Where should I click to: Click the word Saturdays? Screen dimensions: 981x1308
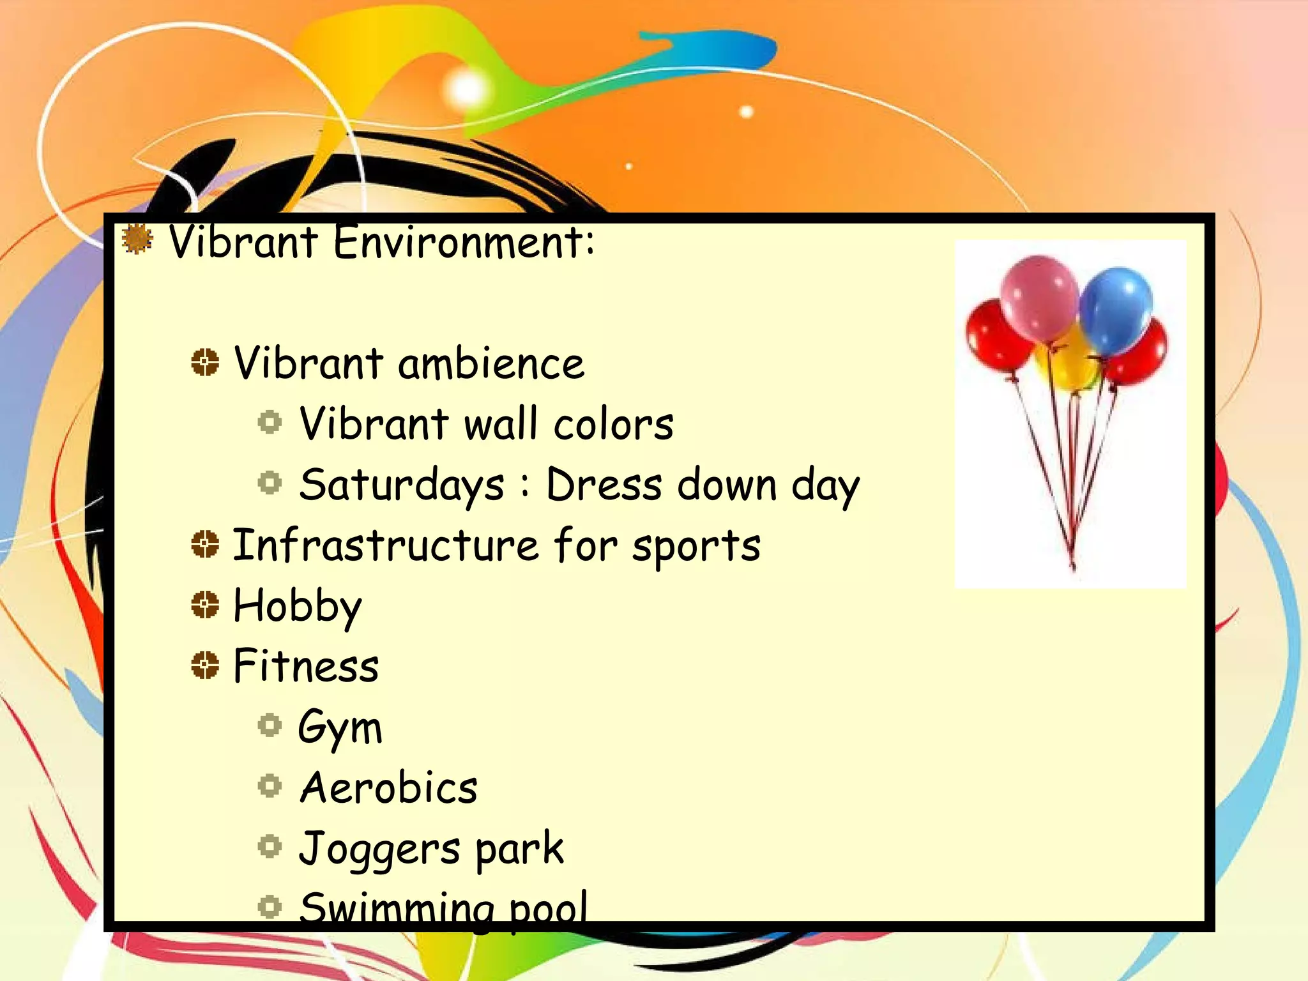pyautogui.click(x=402, y=485)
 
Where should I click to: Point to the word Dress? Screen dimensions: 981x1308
pyautogui.click(x=604, y=484)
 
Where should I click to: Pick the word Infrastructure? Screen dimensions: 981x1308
pyautogui.click(x=385, y=545)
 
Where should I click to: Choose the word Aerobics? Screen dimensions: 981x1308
pyautogui.click(x=388, y=787)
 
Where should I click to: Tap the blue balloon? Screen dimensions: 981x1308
pyautogui.click(x=1116, y=310)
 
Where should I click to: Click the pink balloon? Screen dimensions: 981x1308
pyautogui.click(x=1039, y=297)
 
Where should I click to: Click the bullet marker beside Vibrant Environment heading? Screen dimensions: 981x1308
pyautogui.click(x=137, y=240)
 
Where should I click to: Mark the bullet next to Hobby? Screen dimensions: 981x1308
pyautogui.click(x=205, y=604)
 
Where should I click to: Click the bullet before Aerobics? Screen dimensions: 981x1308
pyautogui.click(x=270, y=786)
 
